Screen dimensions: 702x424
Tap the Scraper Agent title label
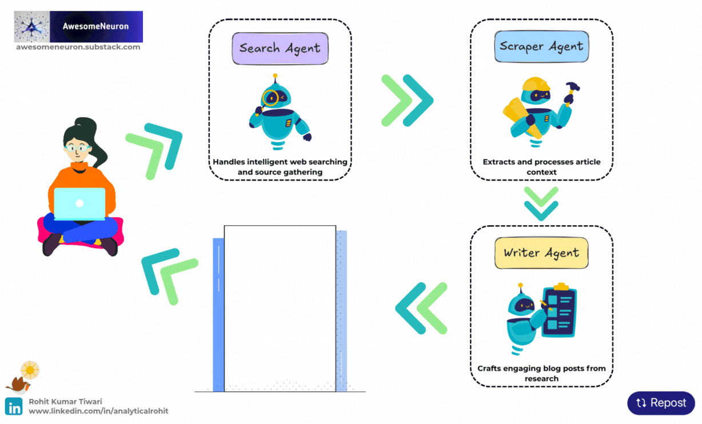click(541, 46)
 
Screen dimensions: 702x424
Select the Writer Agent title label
click(541, 253)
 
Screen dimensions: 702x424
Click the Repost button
click(661, 403)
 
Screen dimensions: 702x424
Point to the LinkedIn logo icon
click(14, 406)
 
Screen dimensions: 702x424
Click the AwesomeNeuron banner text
click(95, 26)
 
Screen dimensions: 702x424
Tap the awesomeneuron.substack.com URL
click(78, 47)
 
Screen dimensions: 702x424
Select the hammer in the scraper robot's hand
click(571, 90)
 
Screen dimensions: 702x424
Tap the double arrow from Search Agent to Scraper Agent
click(407, 101)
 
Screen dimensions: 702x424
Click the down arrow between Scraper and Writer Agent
click(541, 203)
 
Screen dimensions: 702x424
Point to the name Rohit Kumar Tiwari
click(65, 402)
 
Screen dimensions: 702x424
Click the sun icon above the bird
click(30, 370)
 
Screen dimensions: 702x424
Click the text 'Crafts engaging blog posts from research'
click(541, 373)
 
